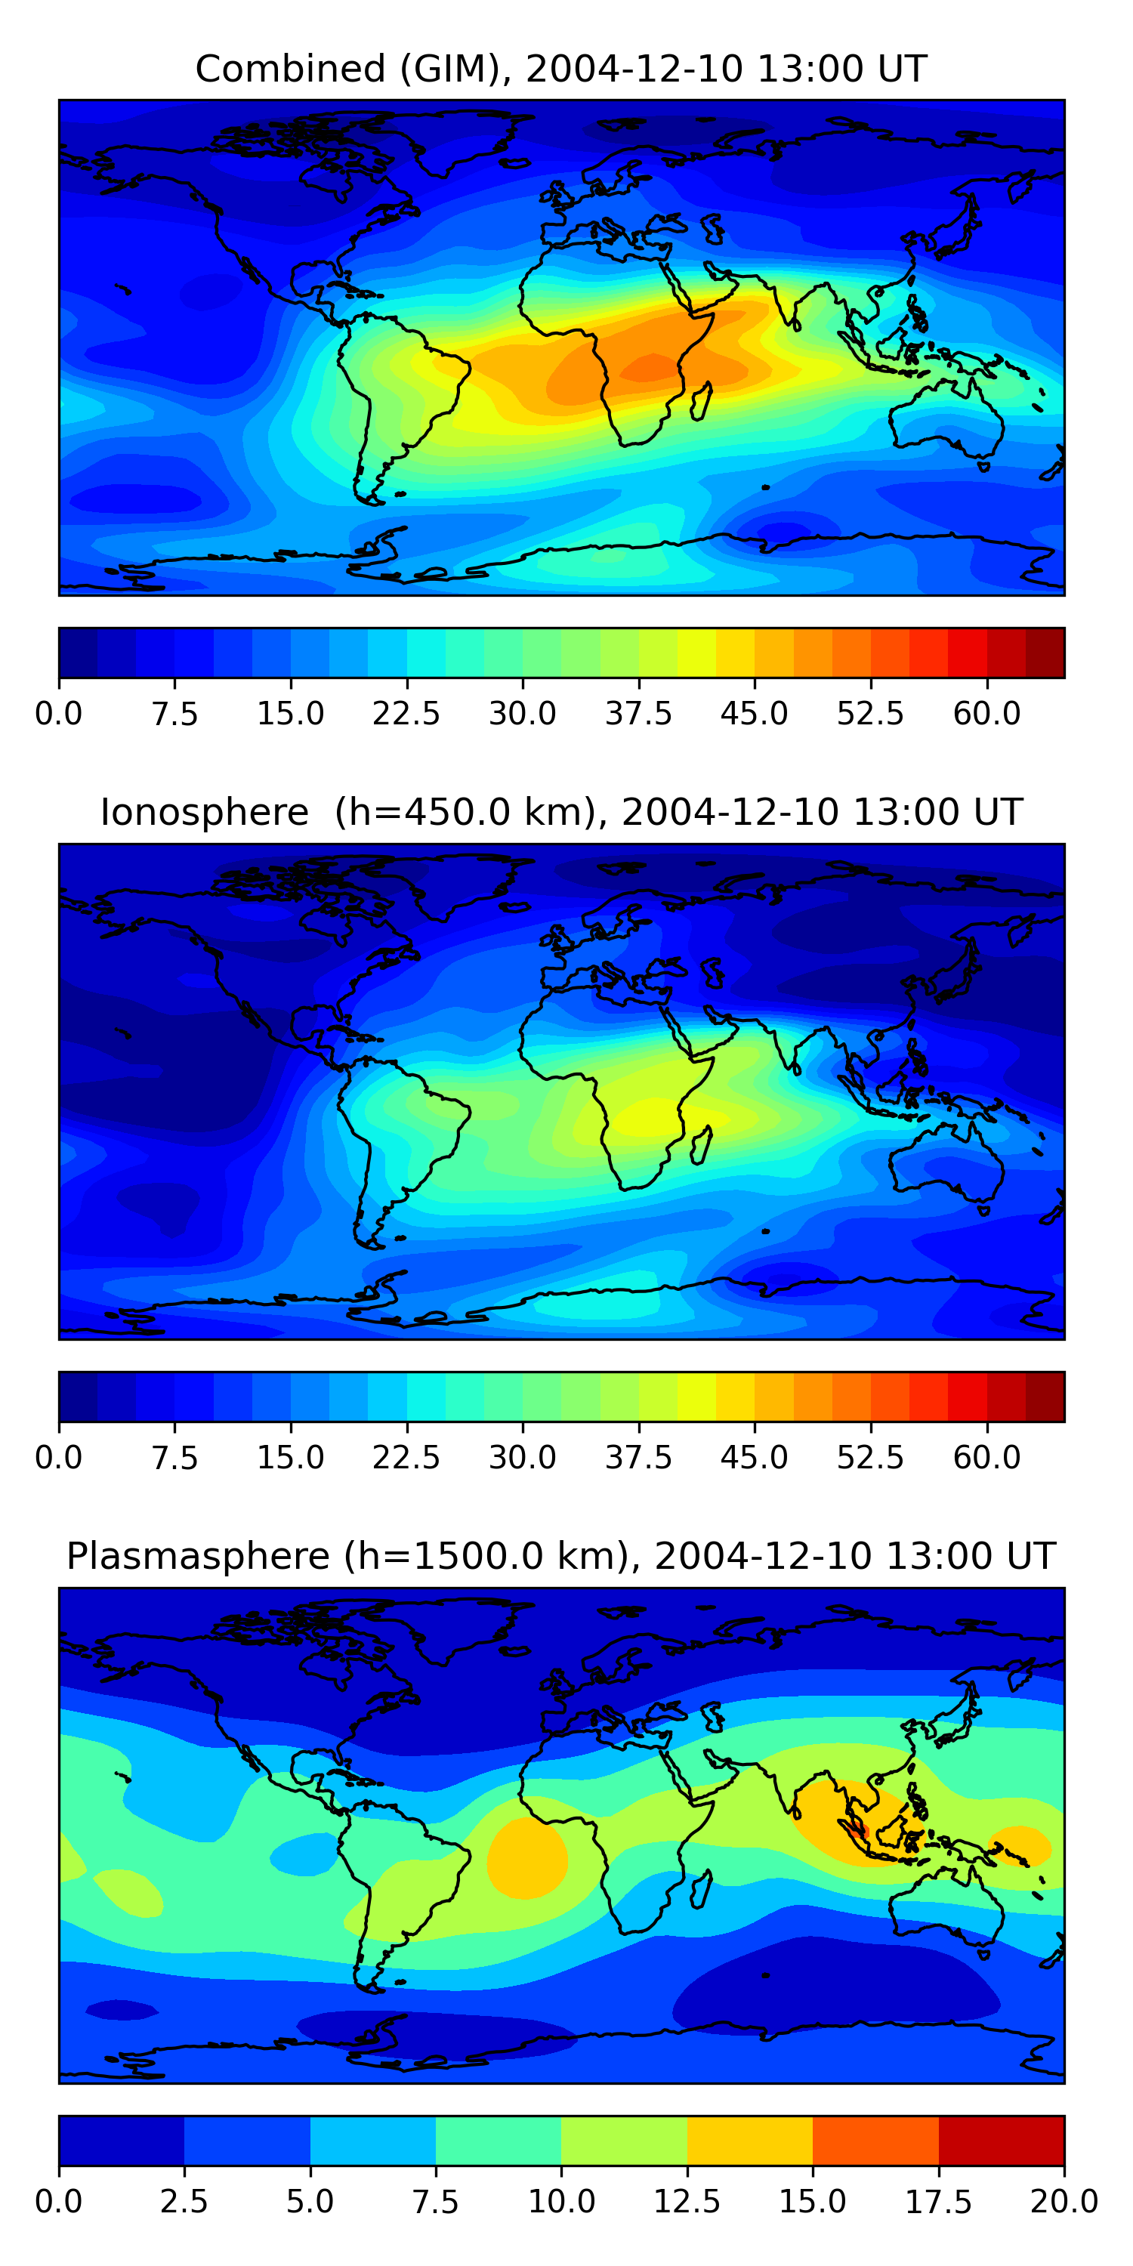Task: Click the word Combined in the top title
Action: coord(290,69)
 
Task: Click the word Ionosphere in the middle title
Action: coord(205,812)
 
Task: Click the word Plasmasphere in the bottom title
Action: coord(198,1556)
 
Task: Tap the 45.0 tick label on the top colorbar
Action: coord(754,713)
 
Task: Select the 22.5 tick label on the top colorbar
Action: coord(406,713)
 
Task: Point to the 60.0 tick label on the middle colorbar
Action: coord(986,1458)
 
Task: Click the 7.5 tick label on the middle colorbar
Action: coord(174,1458)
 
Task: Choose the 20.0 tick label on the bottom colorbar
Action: coord(1064,2202)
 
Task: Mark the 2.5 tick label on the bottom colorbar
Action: coord(184,2202)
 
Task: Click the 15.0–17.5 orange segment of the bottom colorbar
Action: coord(875,2140)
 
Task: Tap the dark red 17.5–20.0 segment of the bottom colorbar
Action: coord(1001,2140)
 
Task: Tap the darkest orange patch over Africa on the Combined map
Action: coord(651,368)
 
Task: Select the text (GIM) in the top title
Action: coord(455,69)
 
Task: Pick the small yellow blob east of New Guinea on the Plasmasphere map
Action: coord(1020,1844)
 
